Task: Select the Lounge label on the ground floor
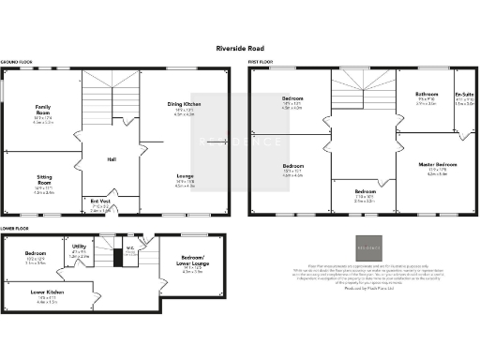pyautogui.click(x=185, y=176)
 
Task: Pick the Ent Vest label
pyautogui.click(x=99, y=202)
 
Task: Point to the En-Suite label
pyautogui.click(x=464, y=95)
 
